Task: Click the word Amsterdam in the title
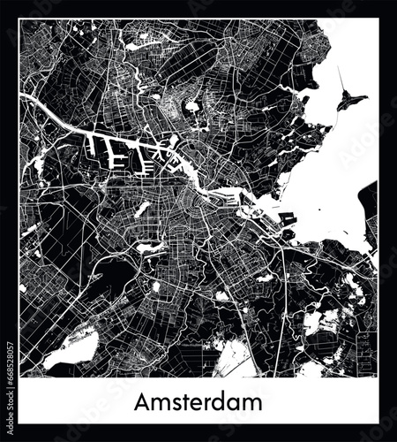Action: pos(198,402)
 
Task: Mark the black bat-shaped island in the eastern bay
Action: pos(351,102)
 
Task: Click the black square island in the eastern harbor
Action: pos(288,217)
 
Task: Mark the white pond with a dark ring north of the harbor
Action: pos(191,107)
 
